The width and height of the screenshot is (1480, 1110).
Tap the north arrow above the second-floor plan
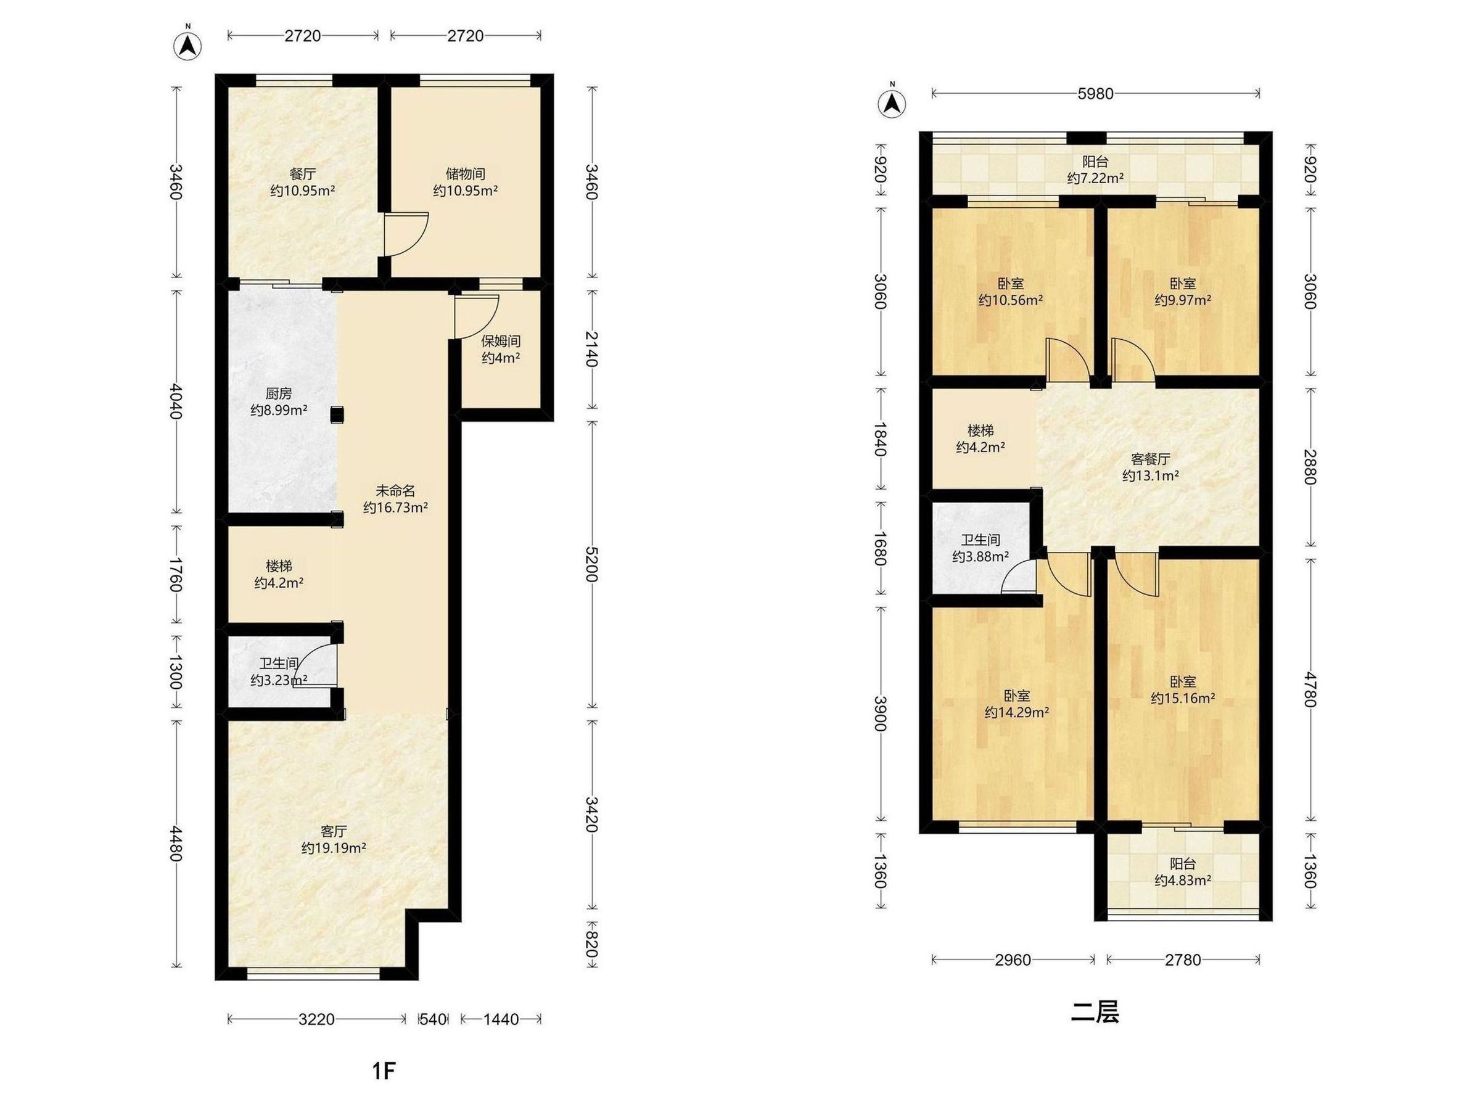[x=891, y=102]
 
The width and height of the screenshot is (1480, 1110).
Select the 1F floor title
[x=384, y=1071]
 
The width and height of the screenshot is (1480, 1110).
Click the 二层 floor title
[x=1095, y=1013]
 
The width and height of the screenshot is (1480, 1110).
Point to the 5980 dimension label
[x=1095, y=94]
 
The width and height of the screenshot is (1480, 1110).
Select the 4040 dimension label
[x=176, y=401]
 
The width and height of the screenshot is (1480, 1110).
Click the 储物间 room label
[x=465, y=174]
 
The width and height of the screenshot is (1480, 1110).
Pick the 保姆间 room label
[x=501, y=341]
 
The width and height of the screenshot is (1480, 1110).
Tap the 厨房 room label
[x=278, y=393]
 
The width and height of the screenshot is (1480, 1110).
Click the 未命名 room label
[x=395, y=491]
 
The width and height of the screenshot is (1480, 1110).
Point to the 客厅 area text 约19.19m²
[x=333, y=849]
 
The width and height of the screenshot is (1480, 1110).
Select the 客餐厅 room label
[x=1150, y=459]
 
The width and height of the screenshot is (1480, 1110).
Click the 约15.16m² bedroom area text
[x=1183, y=699]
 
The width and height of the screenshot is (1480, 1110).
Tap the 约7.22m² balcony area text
[x=1095, y=178]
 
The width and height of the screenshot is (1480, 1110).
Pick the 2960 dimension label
[x=1013, y=960]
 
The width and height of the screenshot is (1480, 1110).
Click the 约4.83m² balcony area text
[x=1183, y=881]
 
